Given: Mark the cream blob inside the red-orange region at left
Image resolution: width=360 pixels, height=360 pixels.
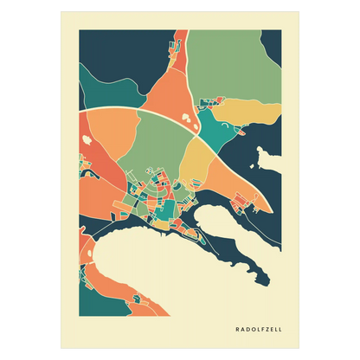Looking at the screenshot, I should coord(88,133).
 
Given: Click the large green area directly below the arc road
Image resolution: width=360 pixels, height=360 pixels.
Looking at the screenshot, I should coord(156,138).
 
